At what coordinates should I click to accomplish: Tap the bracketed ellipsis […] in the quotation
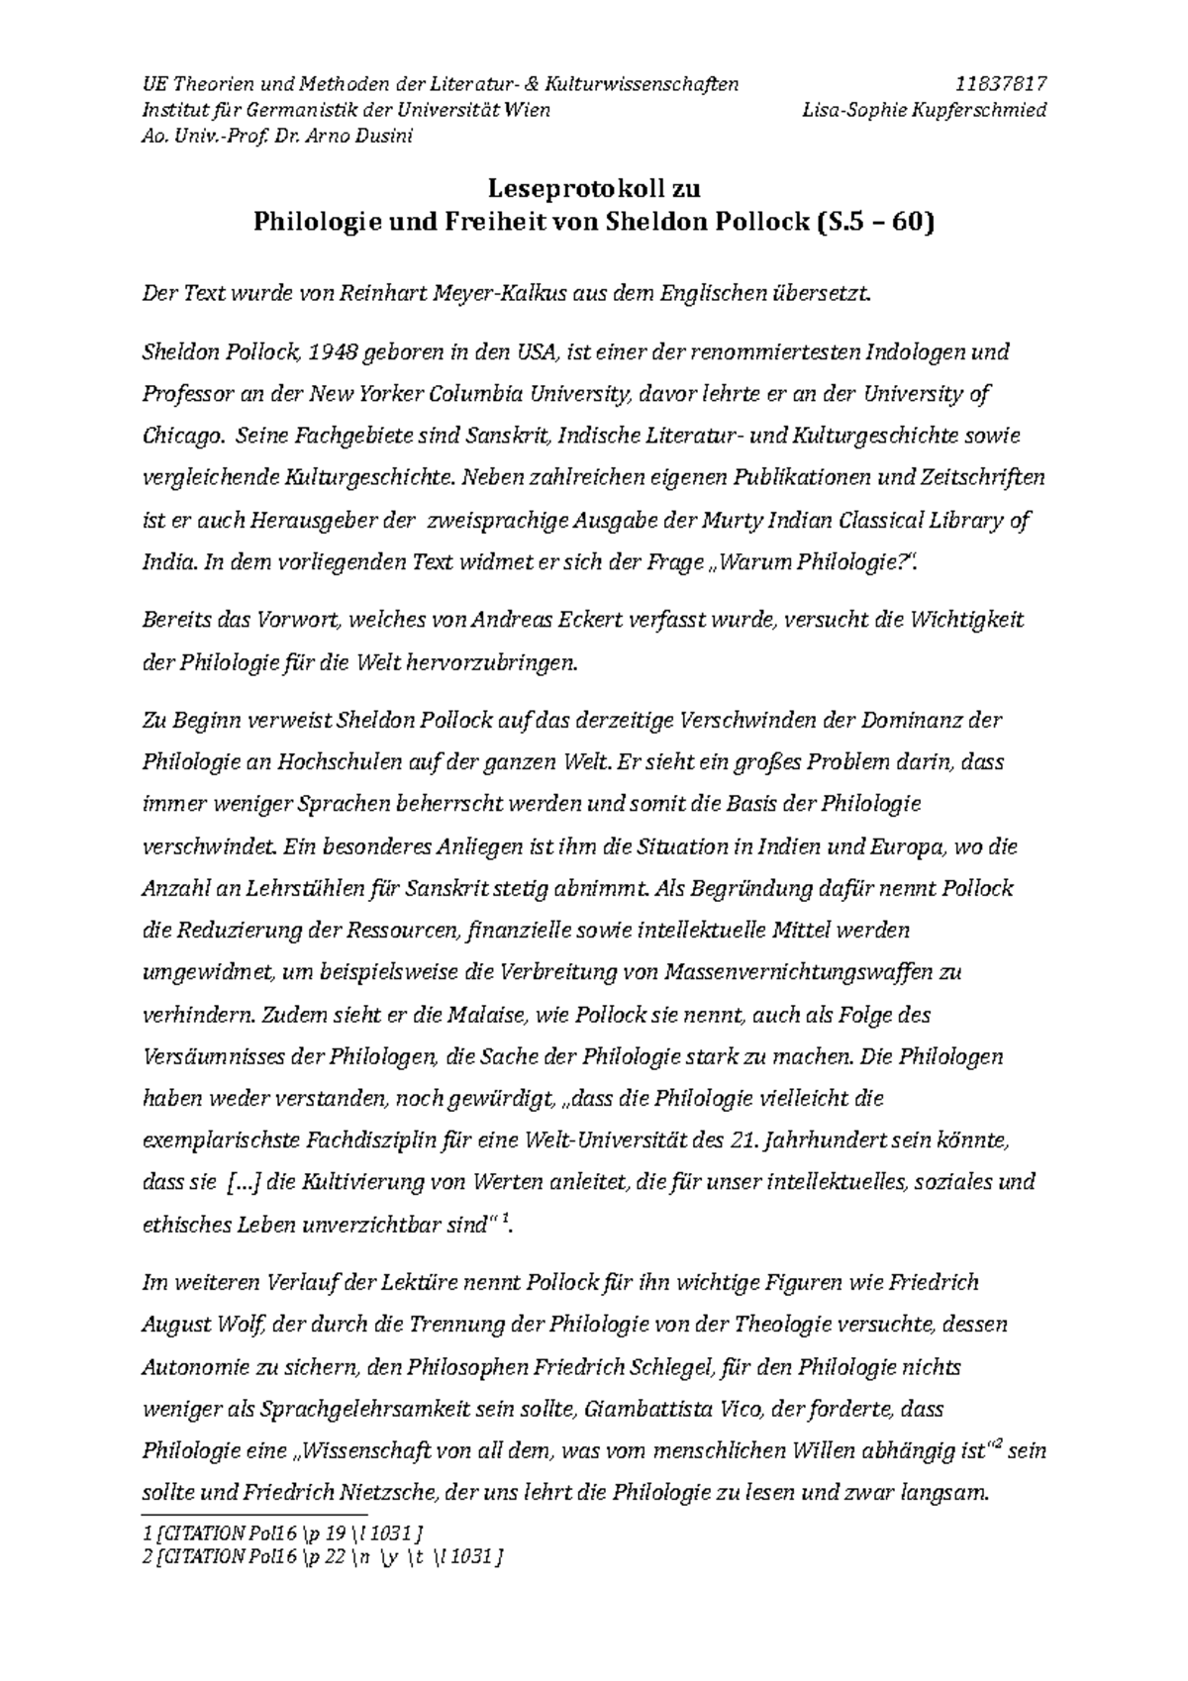tap(244, 1182)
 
